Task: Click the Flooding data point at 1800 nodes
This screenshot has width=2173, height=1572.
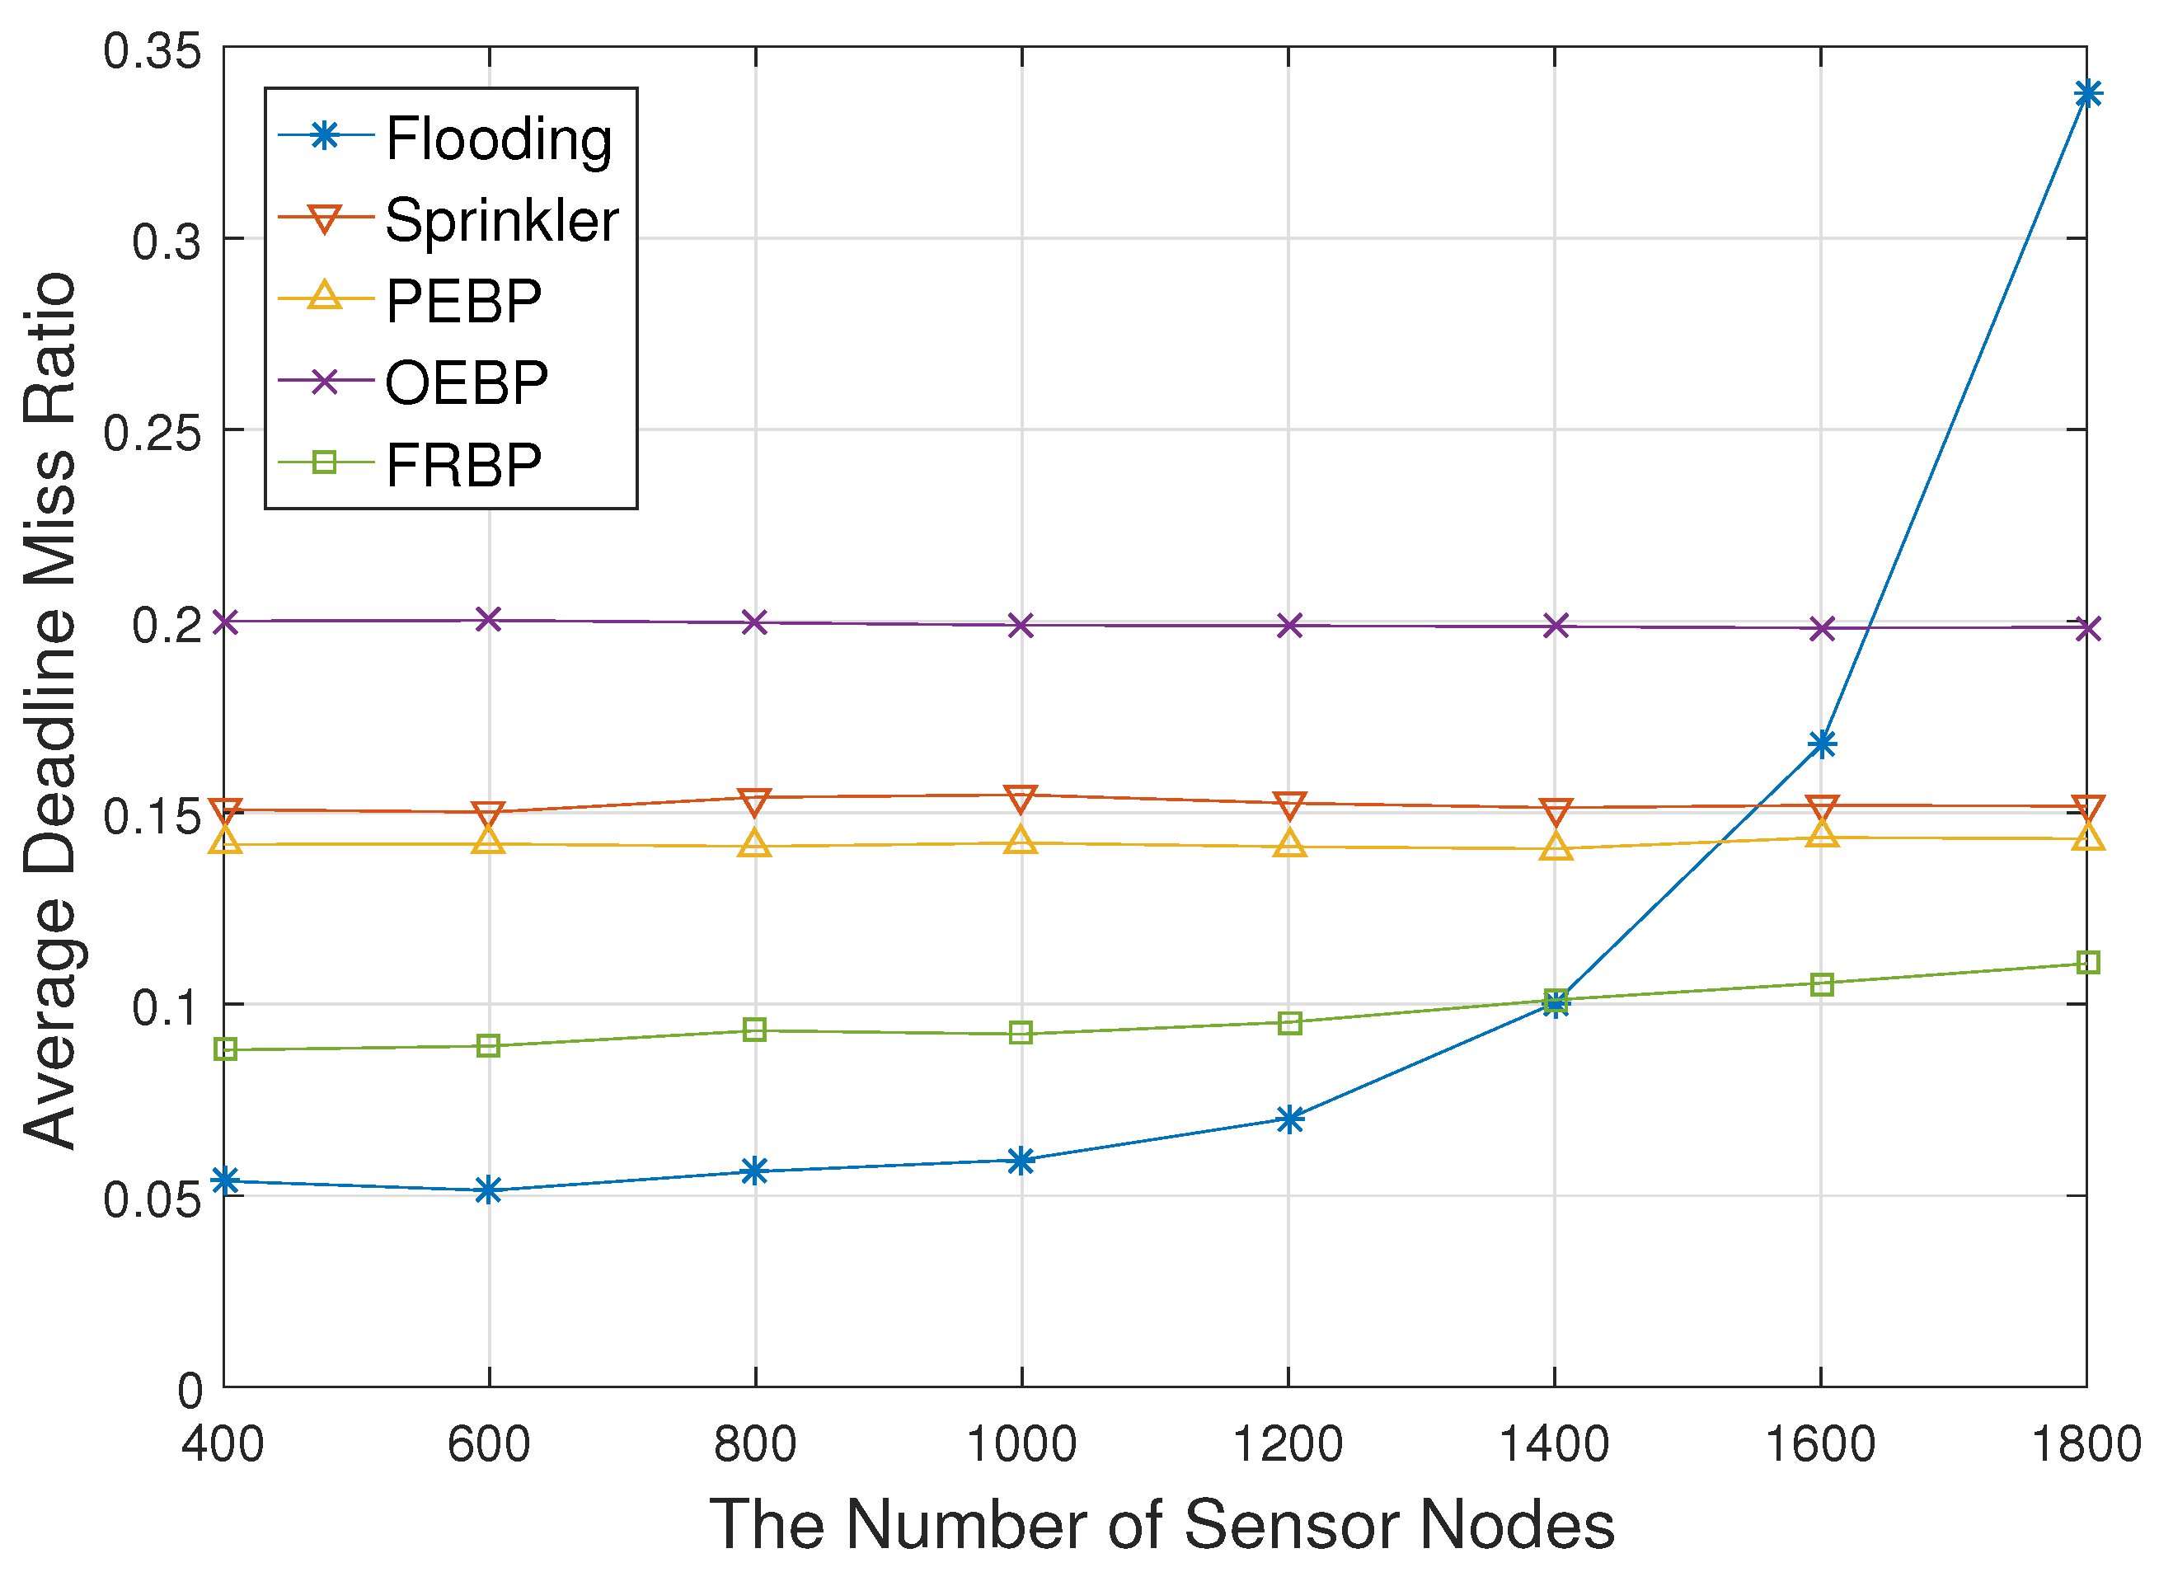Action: (x=2086, y=94)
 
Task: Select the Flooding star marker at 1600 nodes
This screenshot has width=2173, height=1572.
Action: (x=1821, y=744)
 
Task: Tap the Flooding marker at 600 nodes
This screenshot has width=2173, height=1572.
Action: (x=489, y=1190)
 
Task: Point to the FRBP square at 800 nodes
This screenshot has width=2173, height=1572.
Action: (x=755, y=1030)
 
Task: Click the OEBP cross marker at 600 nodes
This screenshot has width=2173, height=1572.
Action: (x=489, y=620)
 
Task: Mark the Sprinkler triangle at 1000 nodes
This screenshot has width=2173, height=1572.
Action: (x=1021, y=798)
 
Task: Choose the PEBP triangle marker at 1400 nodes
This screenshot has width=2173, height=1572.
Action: (x=1555, y=847)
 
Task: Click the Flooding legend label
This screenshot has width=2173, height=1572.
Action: (x=498, y=139)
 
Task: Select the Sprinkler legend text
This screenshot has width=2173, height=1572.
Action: (x=501, y=220)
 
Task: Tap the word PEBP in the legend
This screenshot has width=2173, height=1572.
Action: (x=464, y=302)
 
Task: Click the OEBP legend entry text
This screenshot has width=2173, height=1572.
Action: (x=467, y=383)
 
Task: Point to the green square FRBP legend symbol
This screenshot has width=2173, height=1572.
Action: (x=325, y=463)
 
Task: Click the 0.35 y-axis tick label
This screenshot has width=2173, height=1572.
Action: (x=153, y=51)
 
